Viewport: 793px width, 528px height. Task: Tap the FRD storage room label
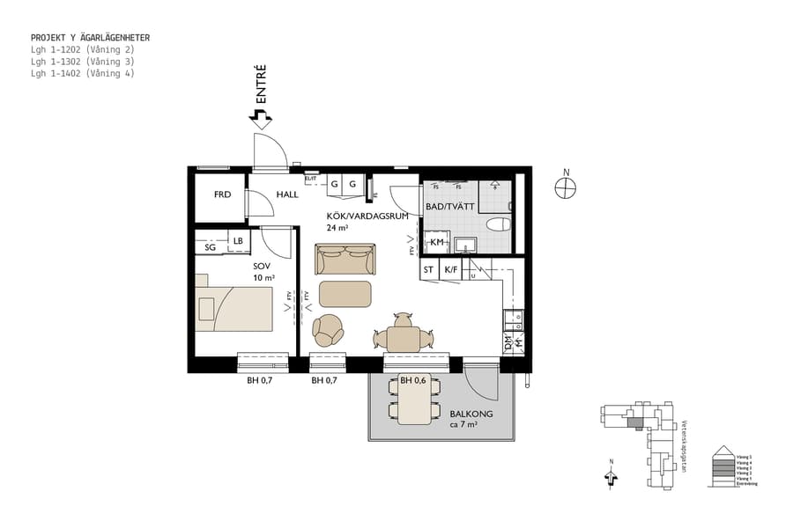click(223, 194)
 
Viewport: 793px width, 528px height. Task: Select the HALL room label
click(287, 194)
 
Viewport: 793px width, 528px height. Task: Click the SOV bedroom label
click(262, 265)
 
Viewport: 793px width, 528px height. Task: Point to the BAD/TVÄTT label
click(451, 206)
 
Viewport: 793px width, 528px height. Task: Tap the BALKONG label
click(471, 414)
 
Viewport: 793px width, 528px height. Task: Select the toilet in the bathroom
click(498, 224)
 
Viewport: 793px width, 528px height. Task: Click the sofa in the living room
click(345, 260)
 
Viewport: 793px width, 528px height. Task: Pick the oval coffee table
click(345, 294)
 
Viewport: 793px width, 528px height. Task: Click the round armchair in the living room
click(330, 330)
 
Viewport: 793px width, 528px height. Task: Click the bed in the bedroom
click(234, 308)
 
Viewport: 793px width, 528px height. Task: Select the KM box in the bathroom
click(436, 243)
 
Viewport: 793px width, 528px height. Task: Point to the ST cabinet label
click(428, 270)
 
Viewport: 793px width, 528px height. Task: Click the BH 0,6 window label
click(413, 381)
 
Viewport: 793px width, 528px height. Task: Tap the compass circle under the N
click(566, 187)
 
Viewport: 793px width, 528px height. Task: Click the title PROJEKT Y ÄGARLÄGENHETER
click(90, 38)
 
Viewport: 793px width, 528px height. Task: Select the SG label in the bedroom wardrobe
click(211, 248)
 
